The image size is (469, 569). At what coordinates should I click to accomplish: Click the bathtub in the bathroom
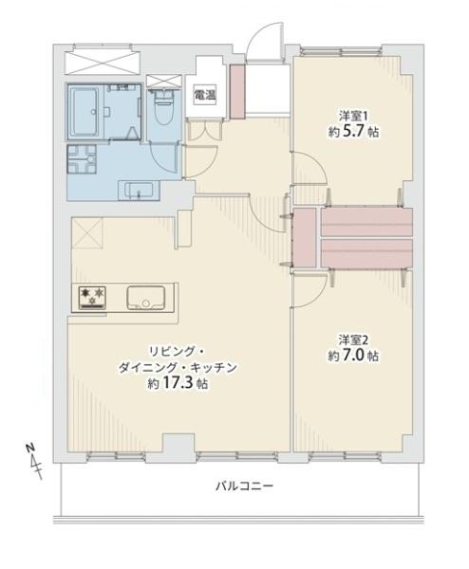(x=88, y=112)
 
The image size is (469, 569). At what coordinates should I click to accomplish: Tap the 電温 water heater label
(x=202, y=94)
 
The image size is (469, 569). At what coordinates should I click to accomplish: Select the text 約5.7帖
(x=350, y=133)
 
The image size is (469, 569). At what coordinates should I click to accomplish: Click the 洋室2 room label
(x=351, y=339)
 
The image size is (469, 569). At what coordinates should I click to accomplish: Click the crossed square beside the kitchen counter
(x=85, y=231)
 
